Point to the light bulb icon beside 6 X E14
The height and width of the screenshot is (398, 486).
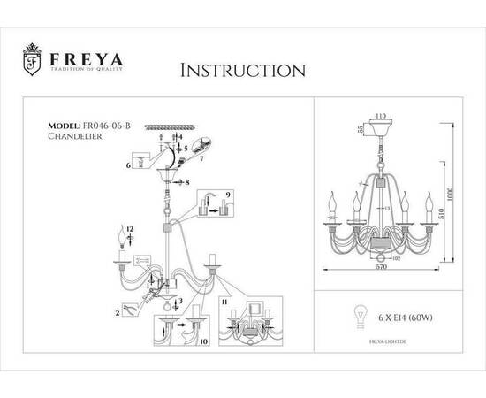(x=361, y=316)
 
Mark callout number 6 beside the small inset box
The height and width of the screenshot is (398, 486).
(x=129, y=165)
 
